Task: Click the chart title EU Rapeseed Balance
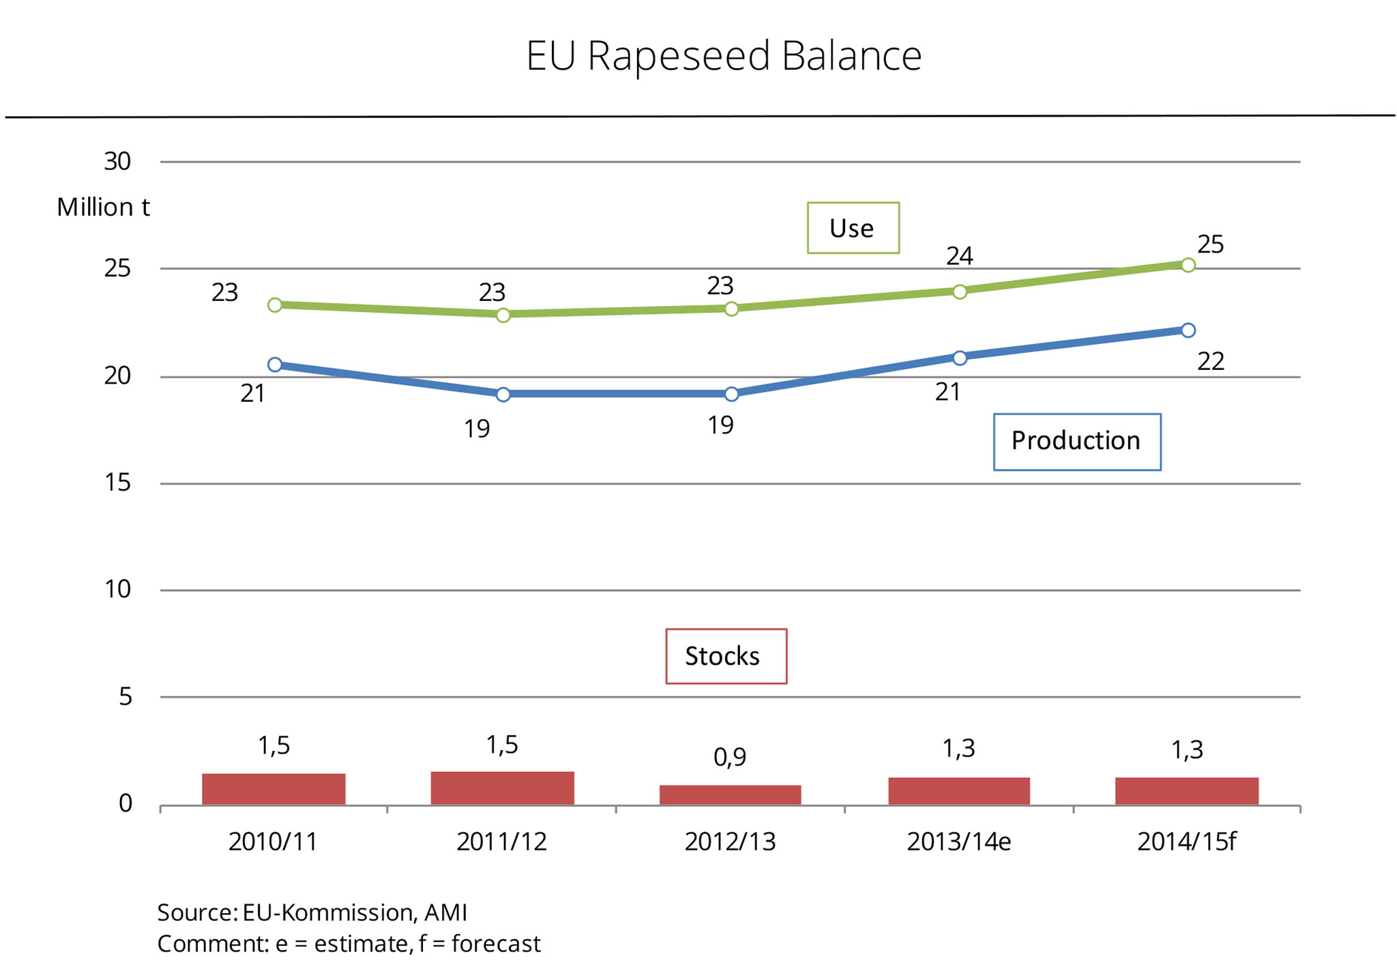point(723,55)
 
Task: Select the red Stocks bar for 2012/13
point(730,794)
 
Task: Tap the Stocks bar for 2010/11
point(274,789)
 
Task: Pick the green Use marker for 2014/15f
point(1188,265)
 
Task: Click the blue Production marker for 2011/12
point(503,395)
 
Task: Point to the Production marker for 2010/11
point(275,364)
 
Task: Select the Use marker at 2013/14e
point(959,292)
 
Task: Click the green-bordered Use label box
point(853,228)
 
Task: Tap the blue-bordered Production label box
point(1076,442)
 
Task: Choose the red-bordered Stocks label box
point(726,656)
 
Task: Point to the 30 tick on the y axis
point(117,162)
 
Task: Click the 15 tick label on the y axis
point(117,483)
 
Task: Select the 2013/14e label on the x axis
point(958,842)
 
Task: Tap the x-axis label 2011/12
point(502,842)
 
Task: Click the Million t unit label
point(103,207)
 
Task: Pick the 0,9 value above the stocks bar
point(730,757)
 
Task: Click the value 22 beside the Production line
point(1211,361)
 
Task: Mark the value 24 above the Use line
point(959,256)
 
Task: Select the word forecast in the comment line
point(496,944)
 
